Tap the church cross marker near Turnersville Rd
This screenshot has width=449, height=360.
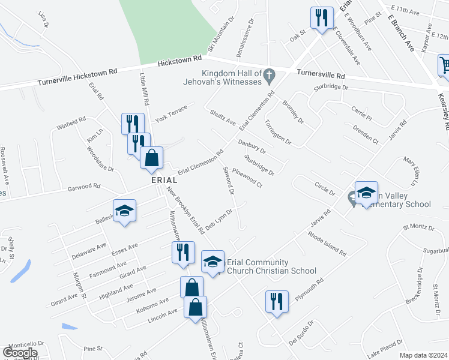point(270,76)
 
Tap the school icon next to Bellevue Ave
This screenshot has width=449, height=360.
point(124,211)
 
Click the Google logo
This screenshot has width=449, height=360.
point(20,353)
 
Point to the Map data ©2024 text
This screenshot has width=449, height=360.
point(423,355)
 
